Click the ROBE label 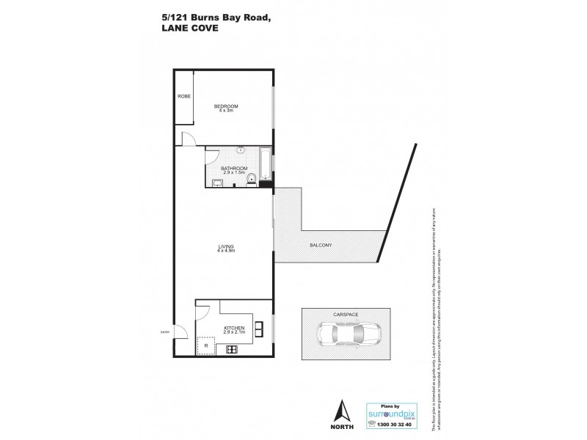(x=183, y=95)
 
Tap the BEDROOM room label (x=226, y=106)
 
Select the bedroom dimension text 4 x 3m (x=226, y=111)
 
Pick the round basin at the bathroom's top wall (x=241, y=148)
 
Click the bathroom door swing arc (x=213, y=153)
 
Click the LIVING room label (x=225, y=246)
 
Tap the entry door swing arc (x=181, y=339)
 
